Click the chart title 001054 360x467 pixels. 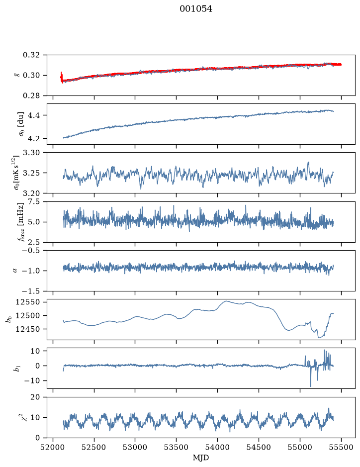195,9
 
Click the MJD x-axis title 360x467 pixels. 201,458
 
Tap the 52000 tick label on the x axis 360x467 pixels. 53,447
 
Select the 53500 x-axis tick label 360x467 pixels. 177,447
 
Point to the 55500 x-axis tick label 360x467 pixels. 341,447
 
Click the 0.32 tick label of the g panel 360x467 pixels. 31,55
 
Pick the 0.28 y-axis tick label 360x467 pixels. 31,95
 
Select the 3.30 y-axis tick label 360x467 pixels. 31,153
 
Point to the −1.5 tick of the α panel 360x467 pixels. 31,291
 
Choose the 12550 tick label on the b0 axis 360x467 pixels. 27,302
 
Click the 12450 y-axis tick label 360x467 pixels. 27,329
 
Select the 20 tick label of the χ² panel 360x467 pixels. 35,397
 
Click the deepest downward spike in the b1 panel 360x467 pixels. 311,386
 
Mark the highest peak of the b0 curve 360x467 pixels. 226,301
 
